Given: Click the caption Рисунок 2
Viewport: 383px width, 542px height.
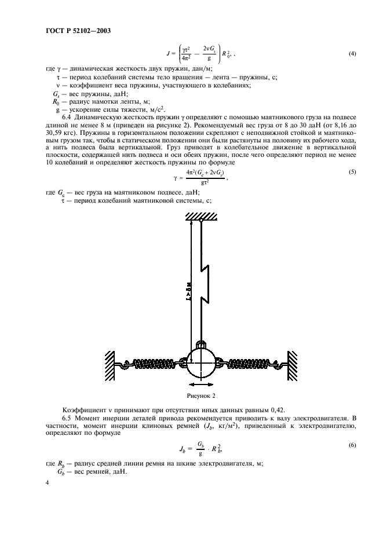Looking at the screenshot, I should pos(200,397).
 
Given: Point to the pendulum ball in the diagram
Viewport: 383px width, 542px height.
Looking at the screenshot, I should pos(200,363).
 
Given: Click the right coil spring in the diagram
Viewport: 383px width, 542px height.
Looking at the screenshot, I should pos(247,364).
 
